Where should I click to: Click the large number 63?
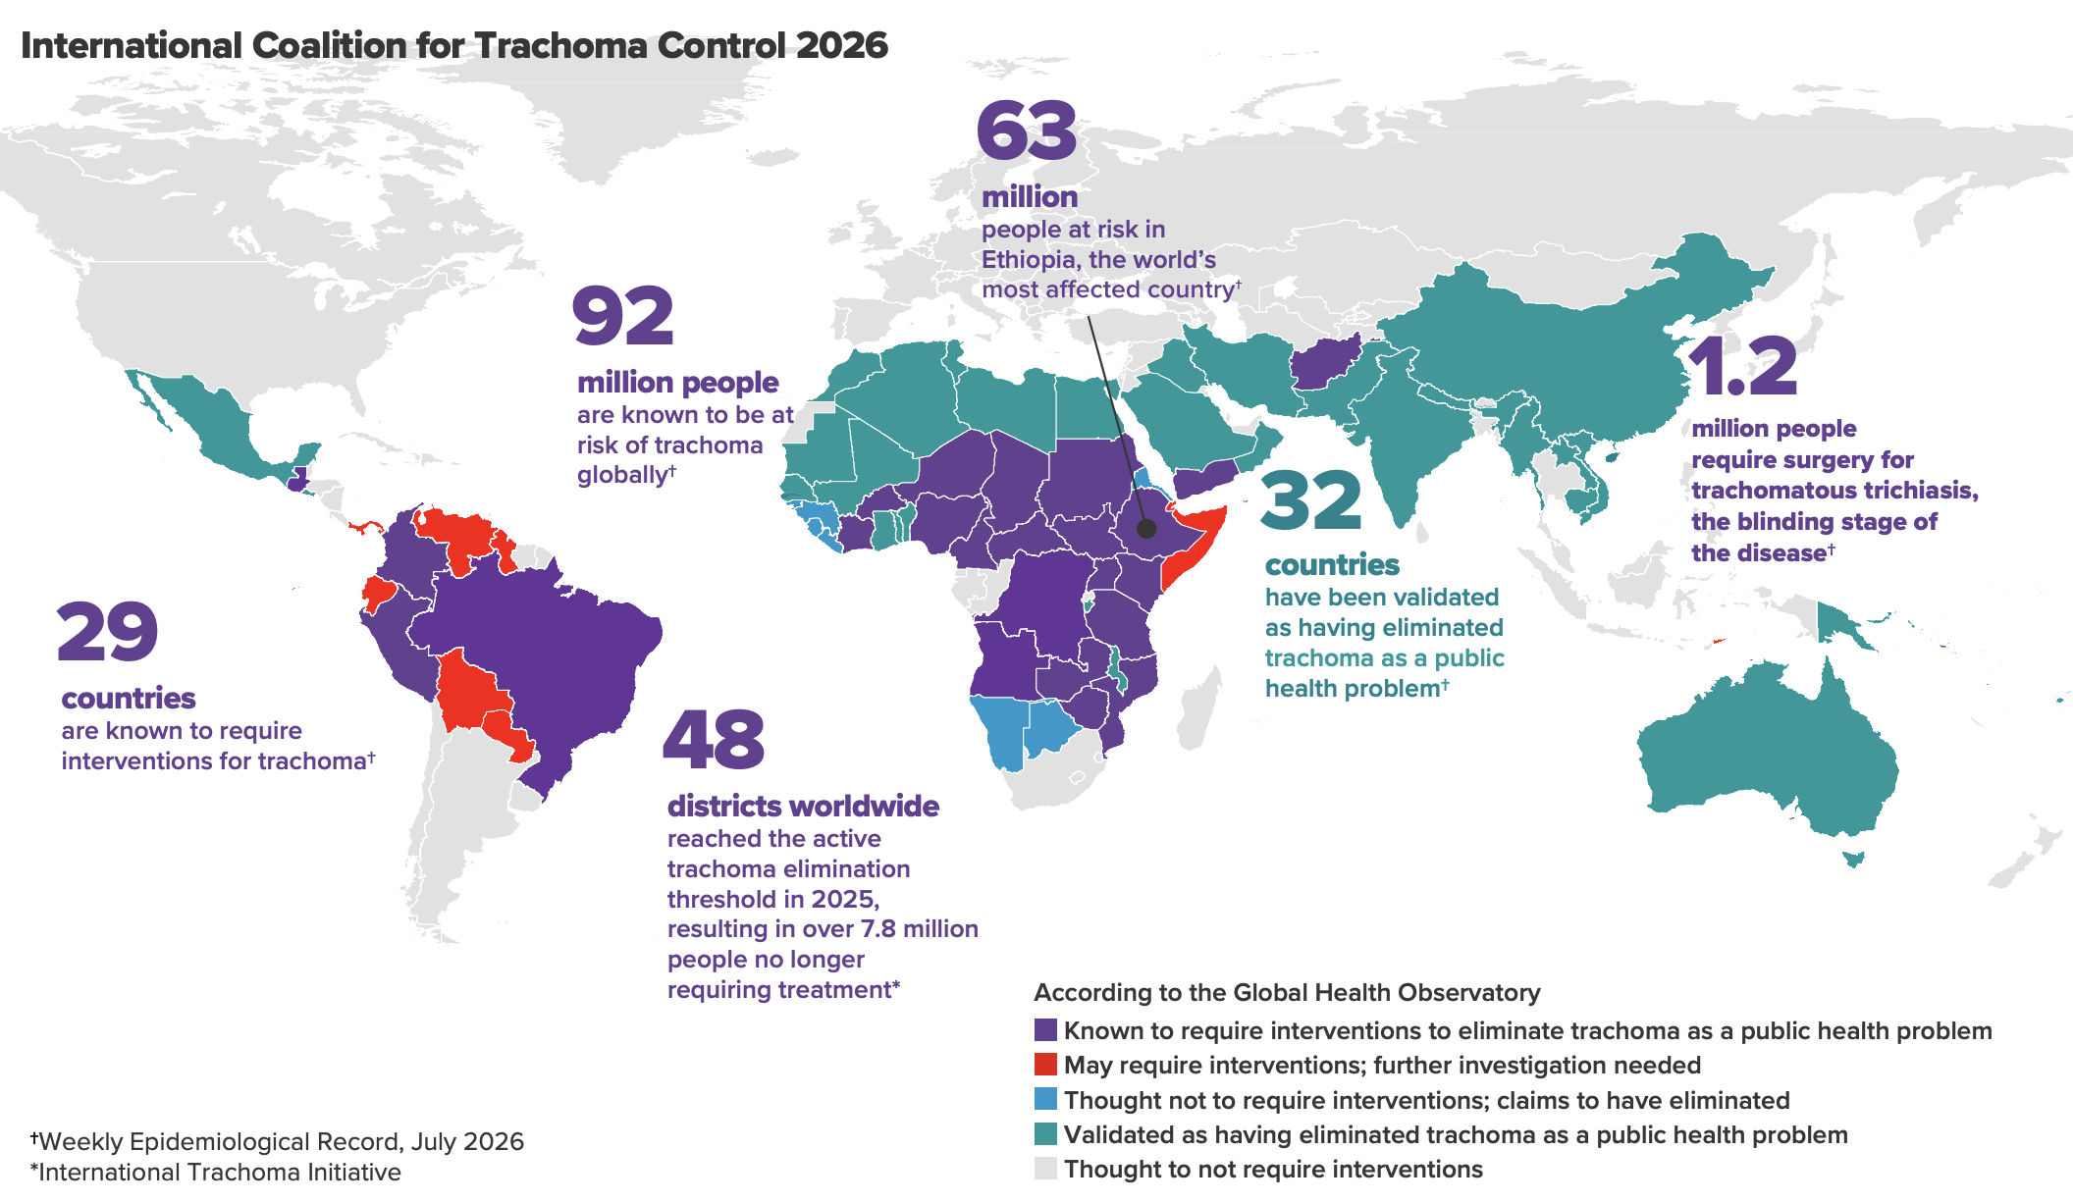(x=1027, y=131)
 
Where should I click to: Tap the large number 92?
(x=623, y=316)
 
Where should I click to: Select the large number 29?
(x=108, y=632)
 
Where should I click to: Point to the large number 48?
(x=714, y=740)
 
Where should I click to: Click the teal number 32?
(x=1311, y=500)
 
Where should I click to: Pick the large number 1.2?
(x=1743, y=367)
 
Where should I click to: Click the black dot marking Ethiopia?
(x=1146, y=528)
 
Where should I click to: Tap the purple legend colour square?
(x=1045, y=1030)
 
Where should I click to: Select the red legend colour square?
(x=1045, y=1065)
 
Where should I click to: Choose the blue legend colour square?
(x=1045, y=1099)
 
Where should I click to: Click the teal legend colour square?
(x=1045, y=1134)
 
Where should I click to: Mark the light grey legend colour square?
(x=1045, y=1169)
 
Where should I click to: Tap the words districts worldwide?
(x=803, y=807)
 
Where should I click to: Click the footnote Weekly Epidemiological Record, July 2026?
(x=281, y=1142)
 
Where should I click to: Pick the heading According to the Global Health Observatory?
(x=1287, y=993)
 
